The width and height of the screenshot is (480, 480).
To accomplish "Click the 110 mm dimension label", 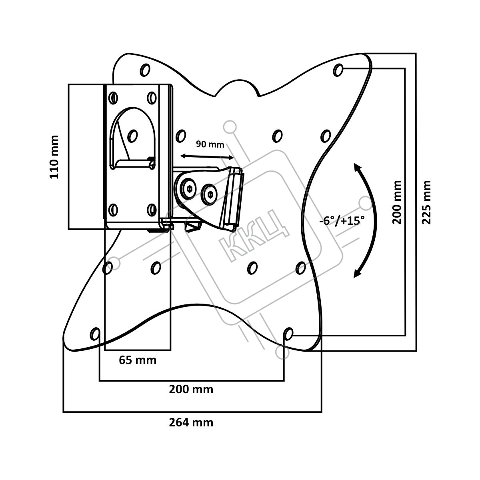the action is [54, 157].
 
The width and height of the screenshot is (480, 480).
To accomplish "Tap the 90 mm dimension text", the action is [210, 144].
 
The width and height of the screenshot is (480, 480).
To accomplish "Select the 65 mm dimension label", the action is [138, 360].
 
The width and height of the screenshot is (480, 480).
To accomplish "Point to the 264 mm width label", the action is [191, 422].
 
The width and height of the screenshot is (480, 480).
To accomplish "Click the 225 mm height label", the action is [426, 202].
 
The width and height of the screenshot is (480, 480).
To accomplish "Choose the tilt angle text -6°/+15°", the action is [342, 221].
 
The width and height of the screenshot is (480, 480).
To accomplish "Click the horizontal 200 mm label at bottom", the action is [191, 389].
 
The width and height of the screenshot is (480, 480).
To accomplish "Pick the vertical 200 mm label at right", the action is [397, 202].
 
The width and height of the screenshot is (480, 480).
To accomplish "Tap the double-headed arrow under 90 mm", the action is [207, 157].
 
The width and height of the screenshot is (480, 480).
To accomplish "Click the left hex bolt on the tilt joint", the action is [189, 189].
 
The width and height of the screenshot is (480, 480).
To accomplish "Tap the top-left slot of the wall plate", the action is [113, 98].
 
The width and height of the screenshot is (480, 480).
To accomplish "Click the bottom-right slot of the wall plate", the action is [152, 209].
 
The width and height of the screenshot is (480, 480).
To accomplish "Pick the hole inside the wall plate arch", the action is [132, 136].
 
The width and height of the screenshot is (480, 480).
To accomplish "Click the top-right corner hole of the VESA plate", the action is [338, 70].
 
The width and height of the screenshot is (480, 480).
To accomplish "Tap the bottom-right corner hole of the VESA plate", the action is [288, 334].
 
